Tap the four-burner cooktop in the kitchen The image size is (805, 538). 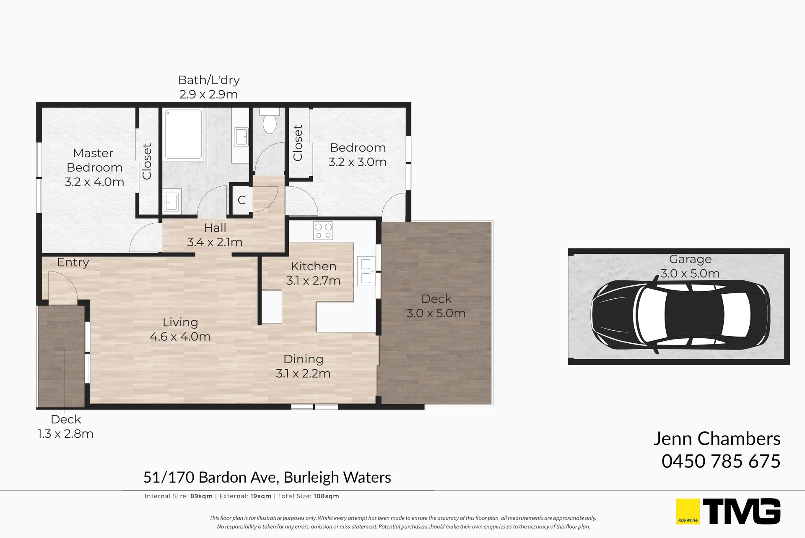click(x=323, y=231)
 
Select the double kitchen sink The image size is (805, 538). click(x=366, y=271)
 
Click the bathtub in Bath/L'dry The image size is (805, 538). click(x=183, y=134)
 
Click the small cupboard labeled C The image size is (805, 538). click(x=241, y=200)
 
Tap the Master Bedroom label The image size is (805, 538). click(x=94, y=160)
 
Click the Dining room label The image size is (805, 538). click(x=304, y=359)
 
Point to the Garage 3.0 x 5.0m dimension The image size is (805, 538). click(x=690, y=274)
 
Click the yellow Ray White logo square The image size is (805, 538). click(x=688, y=511)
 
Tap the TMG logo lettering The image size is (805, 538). click(x=742, y=511)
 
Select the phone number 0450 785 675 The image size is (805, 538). click(x=721, y=461)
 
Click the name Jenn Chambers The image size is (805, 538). click(x=717, y=439)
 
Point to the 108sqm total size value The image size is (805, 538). click(x=326, y=496)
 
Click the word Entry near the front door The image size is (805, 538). click(x=73, y=263)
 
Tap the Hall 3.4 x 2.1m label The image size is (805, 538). click(x=215, y=235)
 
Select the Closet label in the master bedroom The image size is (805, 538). click(x=147, y=162)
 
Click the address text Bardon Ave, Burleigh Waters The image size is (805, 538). click(x=295, y=478)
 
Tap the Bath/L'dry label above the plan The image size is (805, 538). click(x=209, y=80)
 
